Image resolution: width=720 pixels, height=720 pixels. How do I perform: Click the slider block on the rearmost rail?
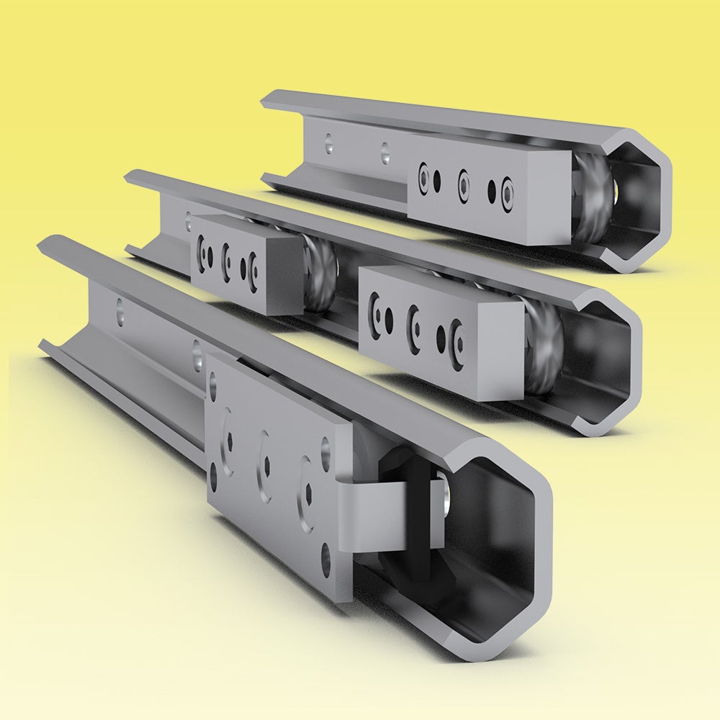[475, 189]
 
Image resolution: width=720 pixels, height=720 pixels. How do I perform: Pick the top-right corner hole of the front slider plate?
[326, 446]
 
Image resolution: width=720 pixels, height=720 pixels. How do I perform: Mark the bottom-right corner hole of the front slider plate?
[328, 554]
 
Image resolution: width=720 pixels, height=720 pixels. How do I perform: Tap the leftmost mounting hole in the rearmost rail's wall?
[329, 142]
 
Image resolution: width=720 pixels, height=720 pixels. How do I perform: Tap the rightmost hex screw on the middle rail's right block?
[456, 337]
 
